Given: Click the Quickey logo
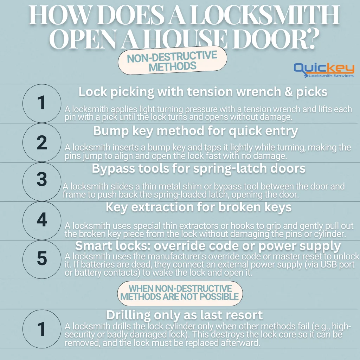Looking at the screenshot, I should point(324,70).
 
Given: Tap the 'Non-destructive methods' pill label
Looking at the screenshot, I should point(172,61).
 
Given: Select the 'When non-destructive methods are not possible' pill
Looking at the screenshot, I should point(180,293).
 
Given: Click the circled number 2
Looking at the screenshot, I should point(42,142).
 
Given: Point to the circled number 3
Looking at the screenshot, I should point(42,180).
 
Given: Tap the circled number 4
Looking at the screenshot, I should point(42,220).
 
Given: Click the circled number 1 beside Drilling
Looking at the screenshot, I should point(42,329).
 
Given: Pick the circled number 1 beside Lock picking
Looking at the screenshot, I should point(42,103).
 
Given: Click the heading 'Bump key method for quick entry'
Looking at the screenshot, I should point(195,131).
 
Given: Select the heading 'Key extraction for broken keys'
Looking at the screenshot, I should point(199,207).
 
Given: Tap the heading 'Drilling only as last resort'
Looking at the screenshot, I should point(185,314).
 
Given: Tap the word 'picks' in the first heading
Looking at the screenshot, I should point(310,92).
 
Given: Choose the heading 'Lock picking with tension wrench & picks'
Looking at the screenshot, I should point(203,92).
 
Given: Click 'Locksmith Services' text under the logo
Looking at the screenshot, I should point(331,76).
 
